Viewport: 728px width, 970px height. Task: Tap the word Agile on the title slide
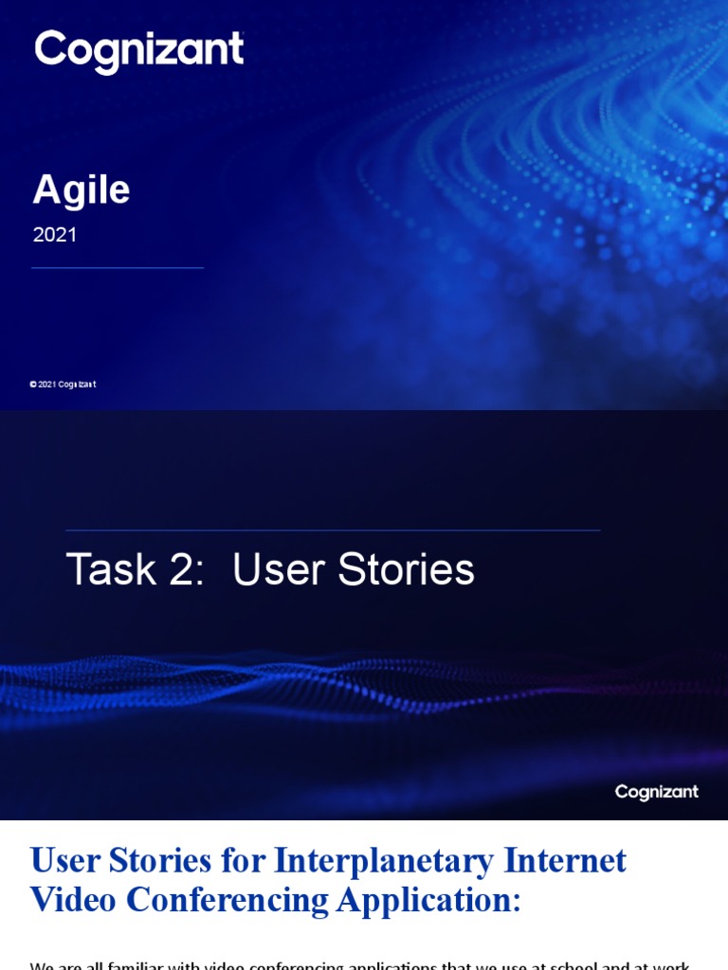coord(82,190)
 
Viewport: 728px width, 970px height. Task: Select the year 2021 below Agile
coord(55,235)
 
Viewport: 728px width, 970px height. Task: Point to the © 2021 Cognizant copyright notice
coord(63,385)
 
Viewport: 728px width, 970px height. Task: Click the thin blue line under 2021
coord(118,268)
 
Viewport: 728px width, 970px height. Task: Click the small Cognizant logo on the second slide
coord(656,792)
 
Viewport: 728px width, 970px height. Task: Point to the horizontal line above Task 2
coord(333,530)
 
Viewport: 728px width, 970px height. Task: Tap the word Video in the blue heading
coord(73,900)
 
